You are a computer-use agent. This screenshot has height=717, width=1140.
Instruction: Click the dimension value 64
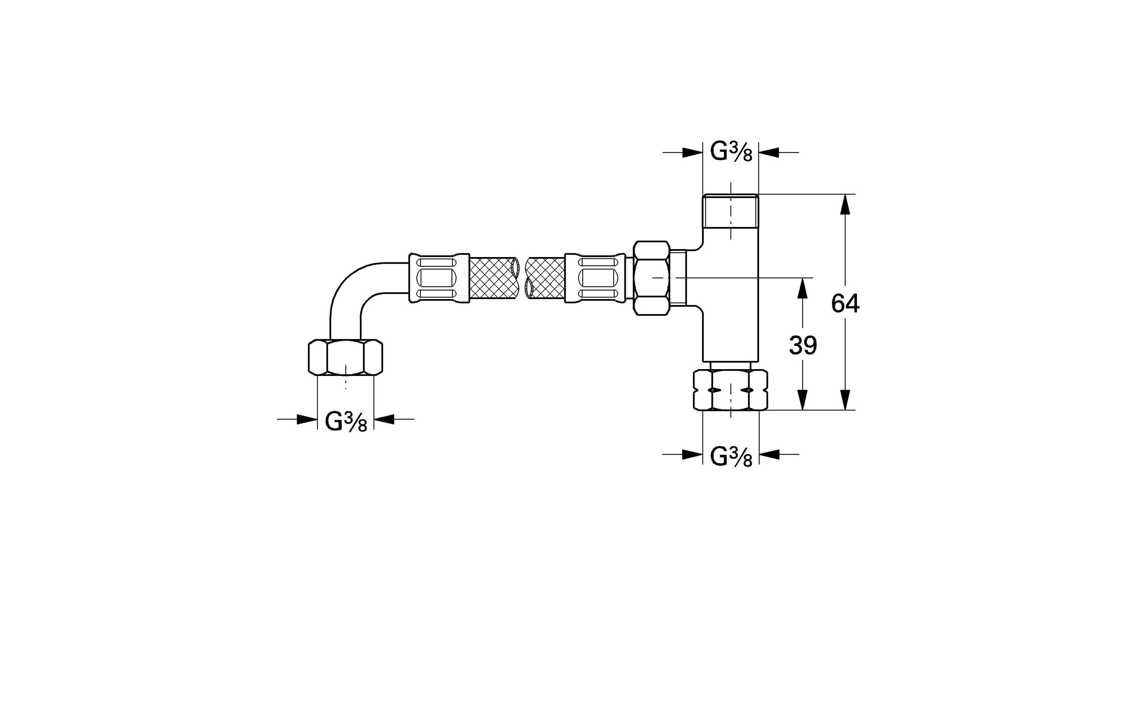[x=845, y=304]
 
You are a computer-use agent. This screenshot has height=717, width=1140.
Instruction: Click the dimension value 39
[x=803, y=346]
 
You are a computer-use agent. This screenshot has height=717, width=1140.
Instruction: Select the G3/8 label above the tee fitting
[x=730, y=152]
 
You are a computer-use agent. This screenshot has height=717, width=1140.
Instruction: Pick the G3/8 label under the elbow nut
[x=345, y=422]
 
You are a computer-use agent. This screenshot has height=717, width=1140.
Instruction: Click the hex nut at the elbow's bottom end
[x=345, y=357]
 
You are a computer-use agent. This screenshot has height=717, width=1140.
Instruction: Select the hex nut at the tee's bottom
[x=730, y=390]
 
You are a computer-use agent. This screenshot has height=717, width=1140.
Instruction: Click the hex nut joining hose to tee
[x=651, y=278]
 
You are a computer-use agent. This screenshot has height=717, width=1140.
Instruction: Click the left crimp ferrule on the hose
[x=439, y=278]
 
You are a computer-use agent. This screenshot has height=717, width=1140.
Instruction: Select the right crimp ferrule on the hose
[x=595, y=278]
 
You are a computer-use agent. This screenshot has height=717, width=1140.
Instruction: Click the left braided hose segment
[x=492, y=278]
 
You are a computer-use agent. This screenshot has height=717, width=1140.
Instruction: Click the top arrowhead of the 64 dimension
[x=845, y=204]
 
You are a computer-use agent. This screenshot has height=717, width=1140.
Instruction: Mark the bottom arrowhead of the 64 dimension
[x=845, y=400]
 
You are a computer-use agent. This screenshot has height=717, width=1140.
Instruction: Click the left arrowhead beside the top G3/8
[x=692, y=152]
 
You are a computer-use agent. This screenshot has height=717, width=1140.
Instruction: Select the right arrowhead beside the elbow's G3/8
[x=385, y=419]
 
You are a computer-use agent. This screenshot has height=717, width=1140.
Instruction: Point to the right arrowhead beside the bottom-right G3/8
[x=770, y=454]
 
